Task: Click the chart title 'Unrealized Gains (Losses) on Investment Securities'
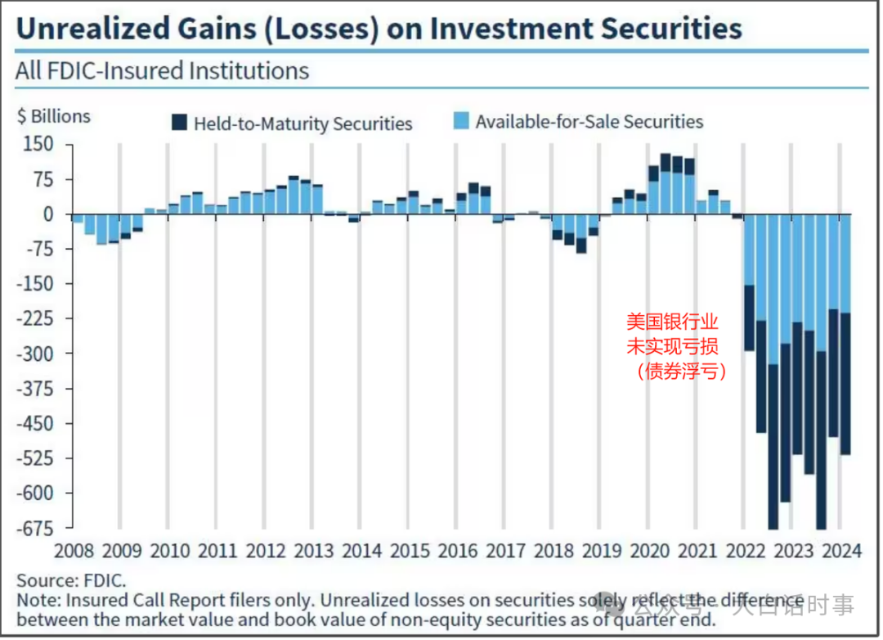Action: (379, 29)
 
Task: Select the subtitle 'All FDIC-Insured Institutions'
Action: (162, 70)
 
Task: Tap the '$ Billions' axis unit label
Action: (54, 116)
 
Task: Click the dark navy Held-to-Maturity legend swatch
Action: (178, 124)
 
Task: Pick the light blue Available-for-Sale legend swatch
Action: (461, 122)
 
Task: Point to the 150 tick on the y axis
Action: (37, 145)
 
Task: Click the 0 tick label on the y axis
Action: (47, 214)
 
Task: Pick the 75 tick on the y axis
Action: (42, 179)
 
